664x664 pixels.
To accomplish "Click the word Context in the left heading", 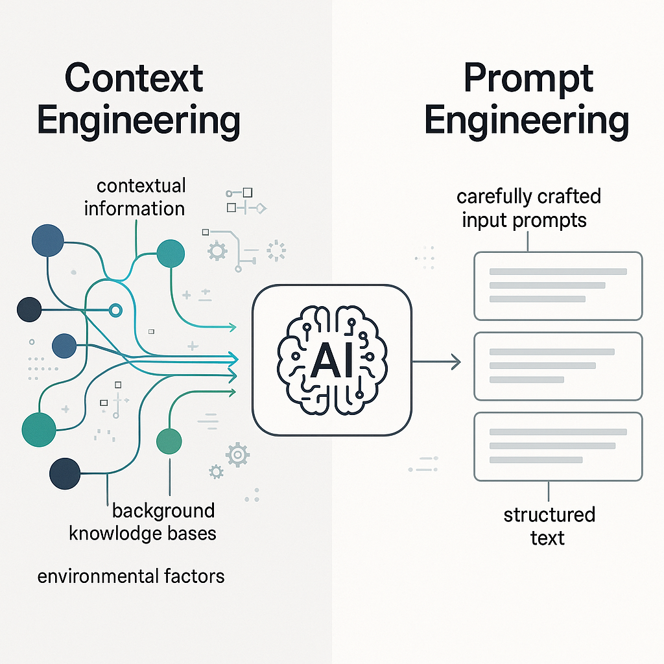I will pos(134,78).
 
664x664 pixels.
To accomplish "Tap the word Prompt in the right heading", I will pos(528,78).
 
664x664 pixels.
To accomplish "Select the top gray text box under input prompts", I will pos(558,286).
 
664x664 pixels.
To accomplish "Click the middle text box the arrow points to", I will pos(558,366).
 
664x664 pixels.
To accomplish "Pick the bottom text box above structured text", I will pos(558,446).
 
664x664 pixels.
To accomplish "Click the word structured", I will pos(549,516).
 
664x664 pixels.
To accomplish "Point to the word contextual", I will pos(141,186).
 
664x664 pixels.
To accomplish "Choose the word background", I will pos(163,511).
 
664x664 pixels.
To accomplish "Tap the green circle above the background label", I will pos(170,441).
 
